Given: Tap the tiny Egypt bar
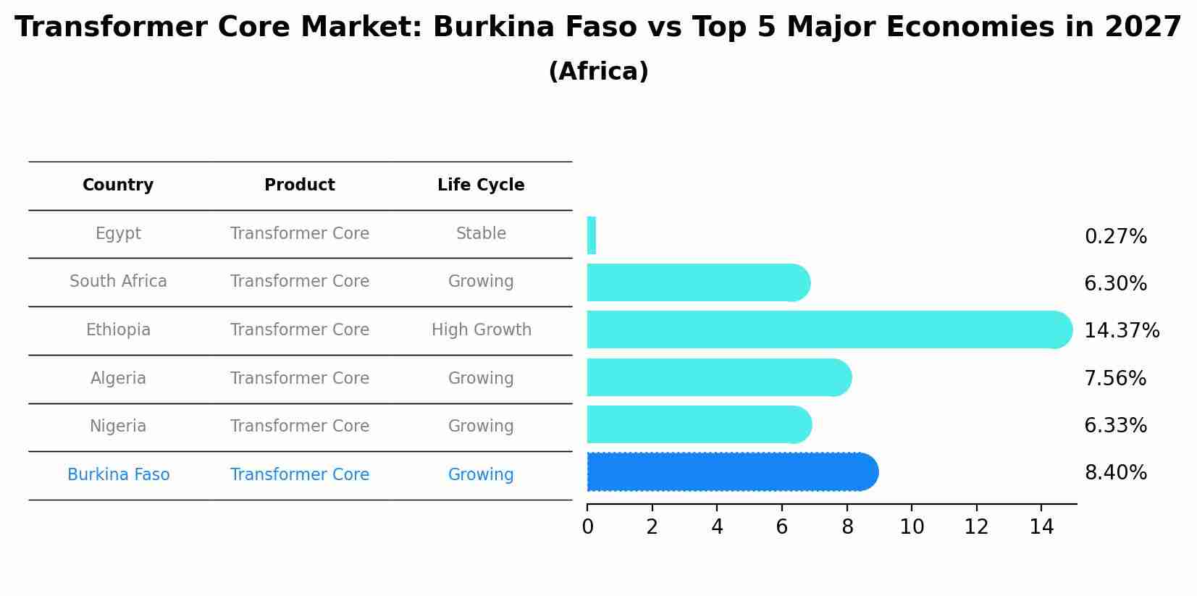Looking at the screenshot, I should pos(592,235).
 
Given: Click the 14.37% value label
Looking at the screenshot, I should pos(1121,331).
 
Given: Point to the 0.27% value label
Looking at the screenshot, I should pos(1115,237).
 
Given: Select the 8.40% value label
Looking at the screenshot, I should pos(1115,473).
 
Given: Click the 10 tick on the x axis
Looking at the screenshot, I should pos(912,527).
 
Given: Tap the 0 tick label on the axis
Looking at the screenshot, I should pos(587,527).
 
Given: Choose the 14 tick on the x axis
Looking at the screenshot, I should pos(1041,527).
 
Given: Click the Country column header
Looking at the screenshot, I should pos(118,185).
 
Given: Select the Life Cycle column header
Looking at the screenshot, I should pos(481,185).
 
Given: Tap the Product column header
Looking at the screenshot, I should pos(300,185).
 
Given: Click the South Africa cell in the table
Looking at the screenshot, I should pos(118,282).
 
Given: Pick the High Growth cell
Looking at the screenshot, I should pos(481,330).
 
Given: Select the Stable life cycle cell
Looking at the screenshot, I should pos(481,234).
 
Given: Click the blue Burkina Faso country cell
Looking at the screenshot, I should pos(118,475).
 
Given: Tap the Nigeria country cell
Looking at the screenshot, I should pos(118,427).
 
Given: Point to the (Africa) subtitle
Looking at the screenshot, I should pos(598,72).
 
